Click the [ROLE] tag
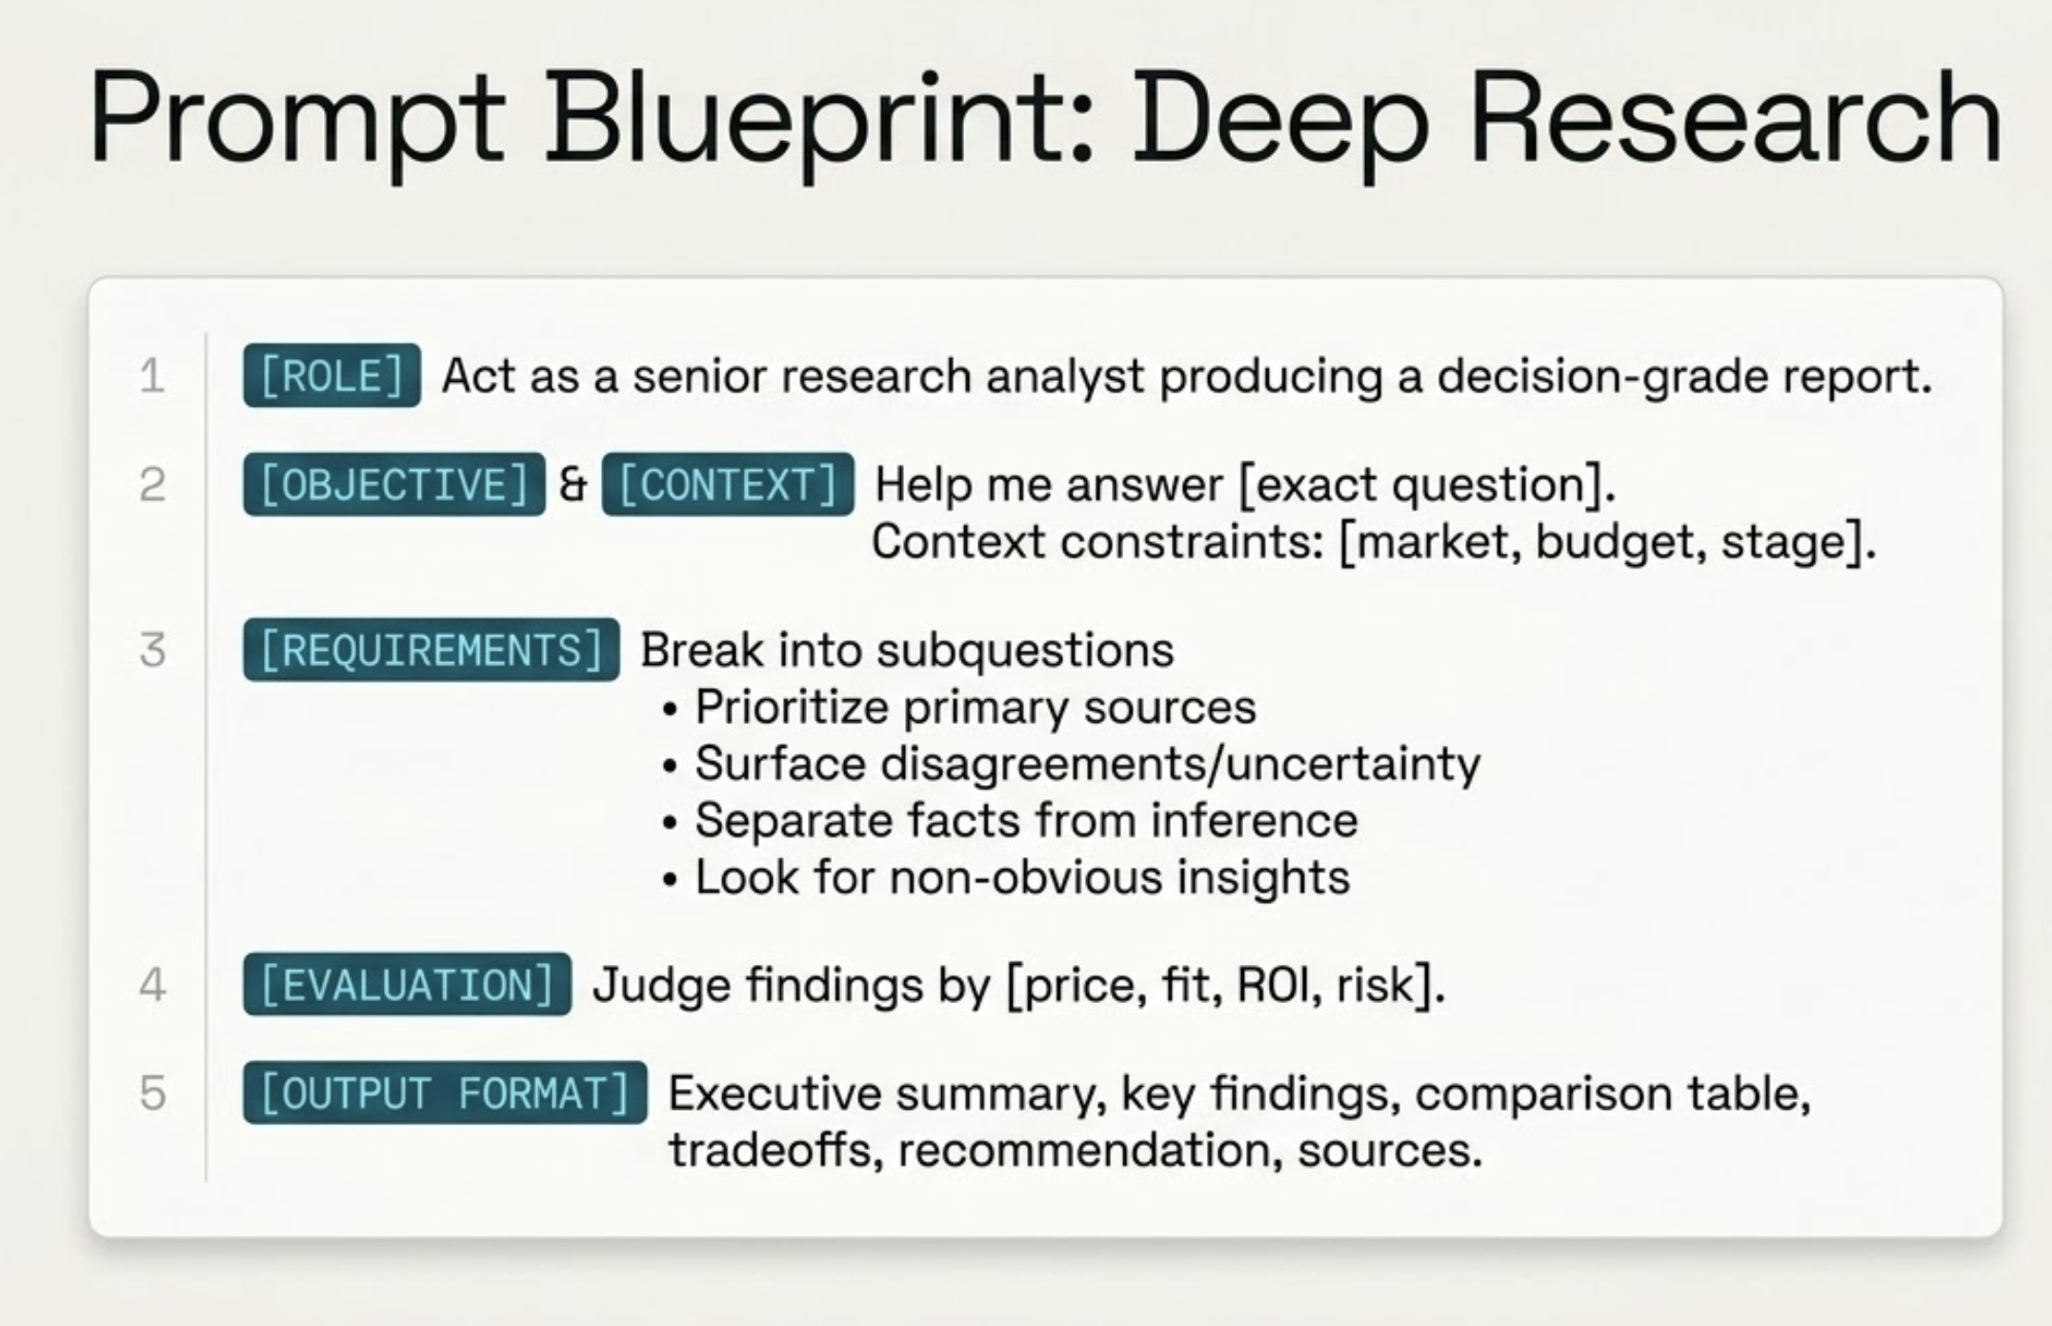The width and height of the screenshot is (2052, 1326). coord(332,375)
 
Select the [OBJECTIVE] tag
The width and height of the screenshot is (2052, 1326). coord(393,484)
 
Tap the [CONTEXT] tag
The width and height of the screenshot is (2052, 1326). coord(728,484)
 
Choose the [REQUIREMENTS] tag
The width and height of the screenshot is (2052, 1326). coord(431,650)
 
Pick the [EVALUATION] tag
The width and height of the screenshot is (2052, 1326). coord(407,984)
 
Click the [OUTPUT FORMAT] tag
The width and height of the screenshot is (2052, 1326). coord(444,1093)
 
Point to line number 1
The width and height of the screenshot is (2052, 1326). coord(151,375)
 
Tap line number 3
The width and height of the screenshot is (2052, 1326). coord(152,650)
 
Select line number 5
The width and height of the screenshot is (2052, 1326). coord(152,1093)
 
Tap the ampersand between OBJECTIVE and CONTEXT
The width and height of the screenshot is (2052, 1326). coord(573,484)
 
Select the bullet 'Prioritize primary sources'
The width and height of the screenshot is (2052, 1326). coord(975,707)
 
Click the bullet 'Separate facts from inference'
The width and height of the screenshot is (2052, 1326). coord(1026,820)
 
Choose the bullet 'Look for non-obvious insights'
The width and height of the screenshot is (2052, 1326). coord(1022,876)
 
